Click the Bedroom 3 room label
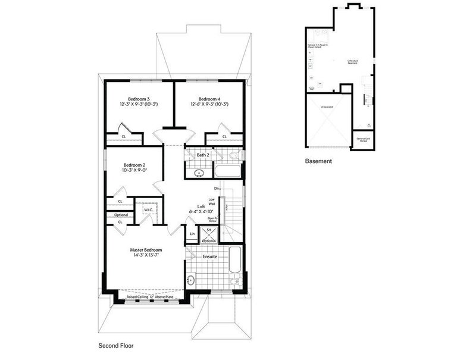click(x=139, y=99)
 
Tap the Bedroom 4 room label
click(x=209, y=99)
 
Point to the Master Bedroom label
click(x=146, y=250)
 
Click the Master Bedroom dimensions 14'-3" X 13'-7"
click(x=146, y=256)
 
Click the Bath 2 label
click(x=203, y=155)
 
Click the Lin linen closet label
click(x=192, y=234)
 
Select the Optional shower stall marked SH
click(x=208, y=234)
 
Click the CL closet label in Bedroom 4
click(x=224, y=137)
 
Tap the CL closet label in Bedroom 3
click(x=124, y=137)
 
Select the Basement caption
click(x=318, y=161)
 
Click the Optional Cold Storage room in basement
click(x=362, y=139)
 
